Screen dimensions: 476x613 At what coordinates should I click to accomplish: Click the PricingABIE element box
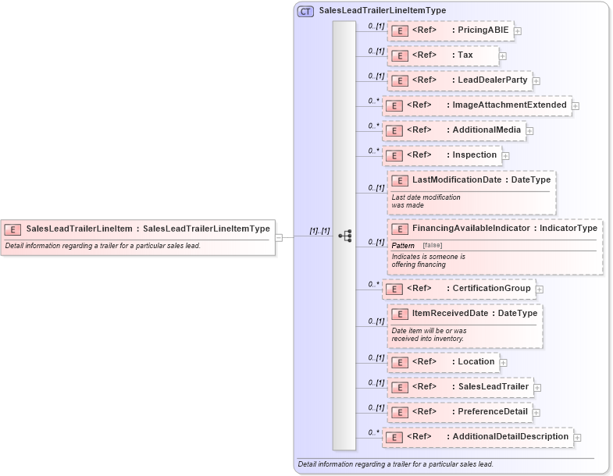tap(450, 30)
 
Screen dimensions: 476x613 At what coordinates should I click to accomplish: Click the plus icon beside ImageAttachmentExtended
tap(576, 105)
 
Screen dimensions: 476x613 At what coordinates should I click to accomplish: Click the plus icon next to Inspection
tap(505, 155)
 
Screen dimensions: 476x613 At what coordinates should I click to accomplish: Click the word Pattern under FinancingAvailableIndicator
tap(403, 246)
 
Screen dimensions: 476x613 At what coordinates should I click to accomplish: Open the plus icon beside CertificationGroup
tap(540, 290)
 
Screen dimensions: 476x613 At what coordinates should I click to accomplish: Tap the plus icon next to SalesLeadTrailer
tap(537, 387)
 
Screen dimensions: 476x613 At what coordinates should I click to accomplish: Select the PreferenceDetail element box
tap(458, 412)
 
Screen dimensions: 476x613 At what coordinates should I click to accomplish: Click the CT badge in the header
tap(305, 11)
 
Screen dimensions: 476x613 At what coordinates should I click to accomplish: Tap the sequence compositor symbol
tap(344, 235)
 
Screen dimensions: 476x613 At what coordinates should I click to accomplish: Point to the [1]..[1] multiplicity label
tap(319, 231)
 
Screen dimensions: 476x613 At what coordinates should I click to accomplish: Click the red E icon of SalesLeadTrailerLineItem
tap(12, 229)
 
